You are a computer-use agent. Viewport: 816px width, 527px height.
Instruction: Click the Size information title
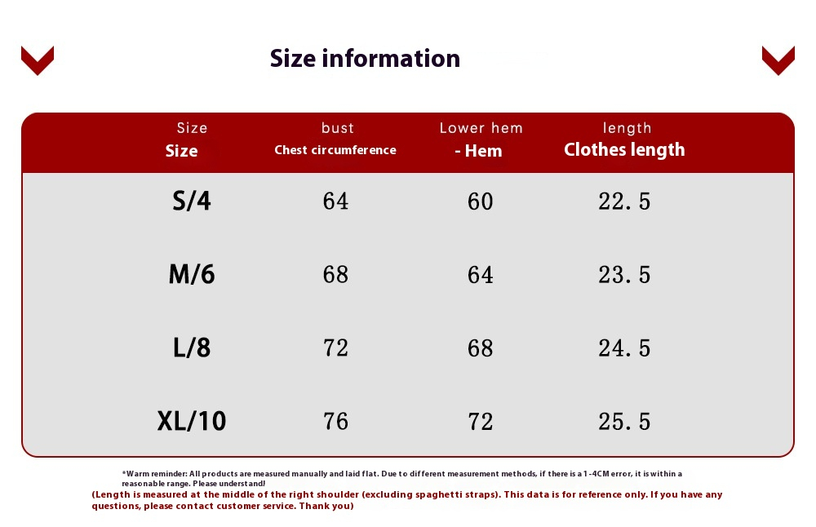click(x=365, y=58)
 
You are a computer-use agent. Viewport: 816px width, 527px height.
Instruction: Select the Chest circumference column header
click(x=335, y=150)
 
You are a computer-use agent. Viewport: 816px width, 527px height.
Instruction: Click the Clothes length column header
click(x=624, y=150)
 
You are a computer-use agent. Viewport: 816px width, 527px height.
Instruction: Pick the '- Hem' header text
click(x=478, y=151)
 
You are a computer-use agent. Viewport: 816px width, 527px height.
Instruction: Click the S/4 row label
click(x=192, y=201)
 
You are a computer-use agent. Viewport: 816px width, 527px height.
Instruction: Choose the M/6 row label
click(x=192, y=274)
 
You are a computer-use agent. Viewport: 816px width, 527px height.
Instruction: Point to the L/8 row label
click(x=192, y=348)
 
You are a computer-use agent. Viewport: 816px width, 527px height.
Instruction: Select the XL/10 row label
click(x=192, y=421)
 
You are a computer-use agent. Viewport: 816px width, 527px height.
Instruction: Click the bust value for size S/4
click(x=335, y=201)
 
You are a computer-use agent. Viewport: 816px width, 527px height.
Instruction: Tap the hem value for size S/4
click(x=480, y=201)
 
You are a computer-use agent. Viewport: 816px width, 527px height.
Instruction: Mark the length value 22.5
click(x=624, y=201)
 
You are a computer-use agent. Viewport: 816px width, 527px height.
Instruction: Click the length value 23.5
click(x=624, y=275)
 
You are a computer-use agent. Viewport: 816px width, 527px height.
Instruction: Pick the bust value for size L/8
click(x=335, y=348)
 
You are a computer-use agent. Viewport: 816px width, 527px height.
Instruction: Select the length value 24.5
click(x=624, y=348)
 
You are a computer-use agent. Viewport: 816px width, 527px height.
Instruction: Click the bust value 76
click(x=335, y=422)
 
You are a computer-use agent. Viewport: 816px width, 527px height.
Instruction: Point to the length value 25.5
click(x=624, y=422)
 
